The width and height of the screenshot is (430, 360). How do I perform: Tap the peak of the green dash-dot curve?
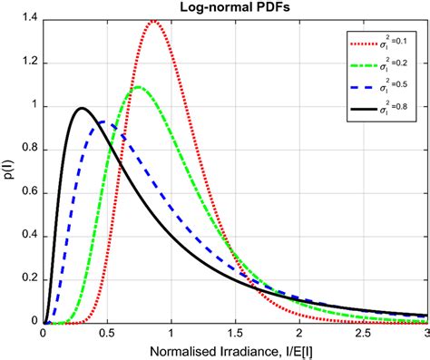[138, 87]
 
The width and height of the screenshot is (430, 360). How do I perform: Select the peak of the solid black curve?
[82, 108]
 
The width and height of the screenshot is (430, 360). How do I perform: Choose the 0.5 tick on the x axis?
[106, 333]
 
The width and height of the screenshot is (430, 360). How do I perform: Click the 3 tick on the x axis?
[425, 333]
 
